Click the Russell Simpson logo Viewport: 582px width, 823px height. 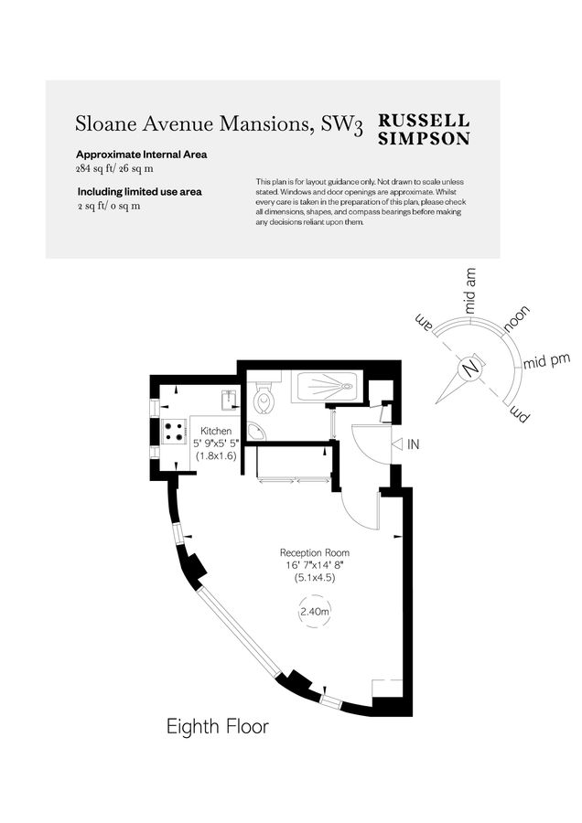(x=424, y=129)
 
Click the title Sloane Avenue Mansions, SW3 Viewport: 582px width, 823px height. (x=219, y=124)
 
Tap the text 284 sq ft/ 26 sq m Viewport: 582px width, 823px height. (x=114, y=169)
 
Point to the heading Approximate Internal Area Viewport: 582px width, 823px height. (x=141, y=155)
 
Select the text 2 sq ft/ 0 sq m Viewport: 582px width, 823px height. (x=109, y=206)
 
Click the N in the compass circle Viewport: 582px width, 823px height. (x=470, y=369)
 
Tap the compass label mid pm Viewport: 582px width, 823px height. (x=546, y=361)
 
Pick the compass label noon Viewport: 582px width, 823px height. (x=517, y=319)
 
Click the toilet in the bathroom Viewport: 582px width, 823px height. (x=263, y=398)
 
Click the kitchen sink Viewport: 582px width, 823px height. (x=229, y=399)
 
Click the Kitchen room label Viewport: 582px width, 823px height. (x=216, y=431)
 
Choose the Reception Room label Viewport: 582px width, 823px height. (x=315, y=552)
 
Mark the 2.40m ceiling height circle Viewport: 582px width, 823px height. (x=315, y=612)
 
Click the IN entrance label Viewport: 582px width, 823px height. (x=414, y=444)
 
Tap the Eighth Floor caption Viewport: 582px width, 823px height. (x=218, y=727)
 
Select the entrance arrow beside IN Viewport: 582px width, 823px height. (x=397, y=444)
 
